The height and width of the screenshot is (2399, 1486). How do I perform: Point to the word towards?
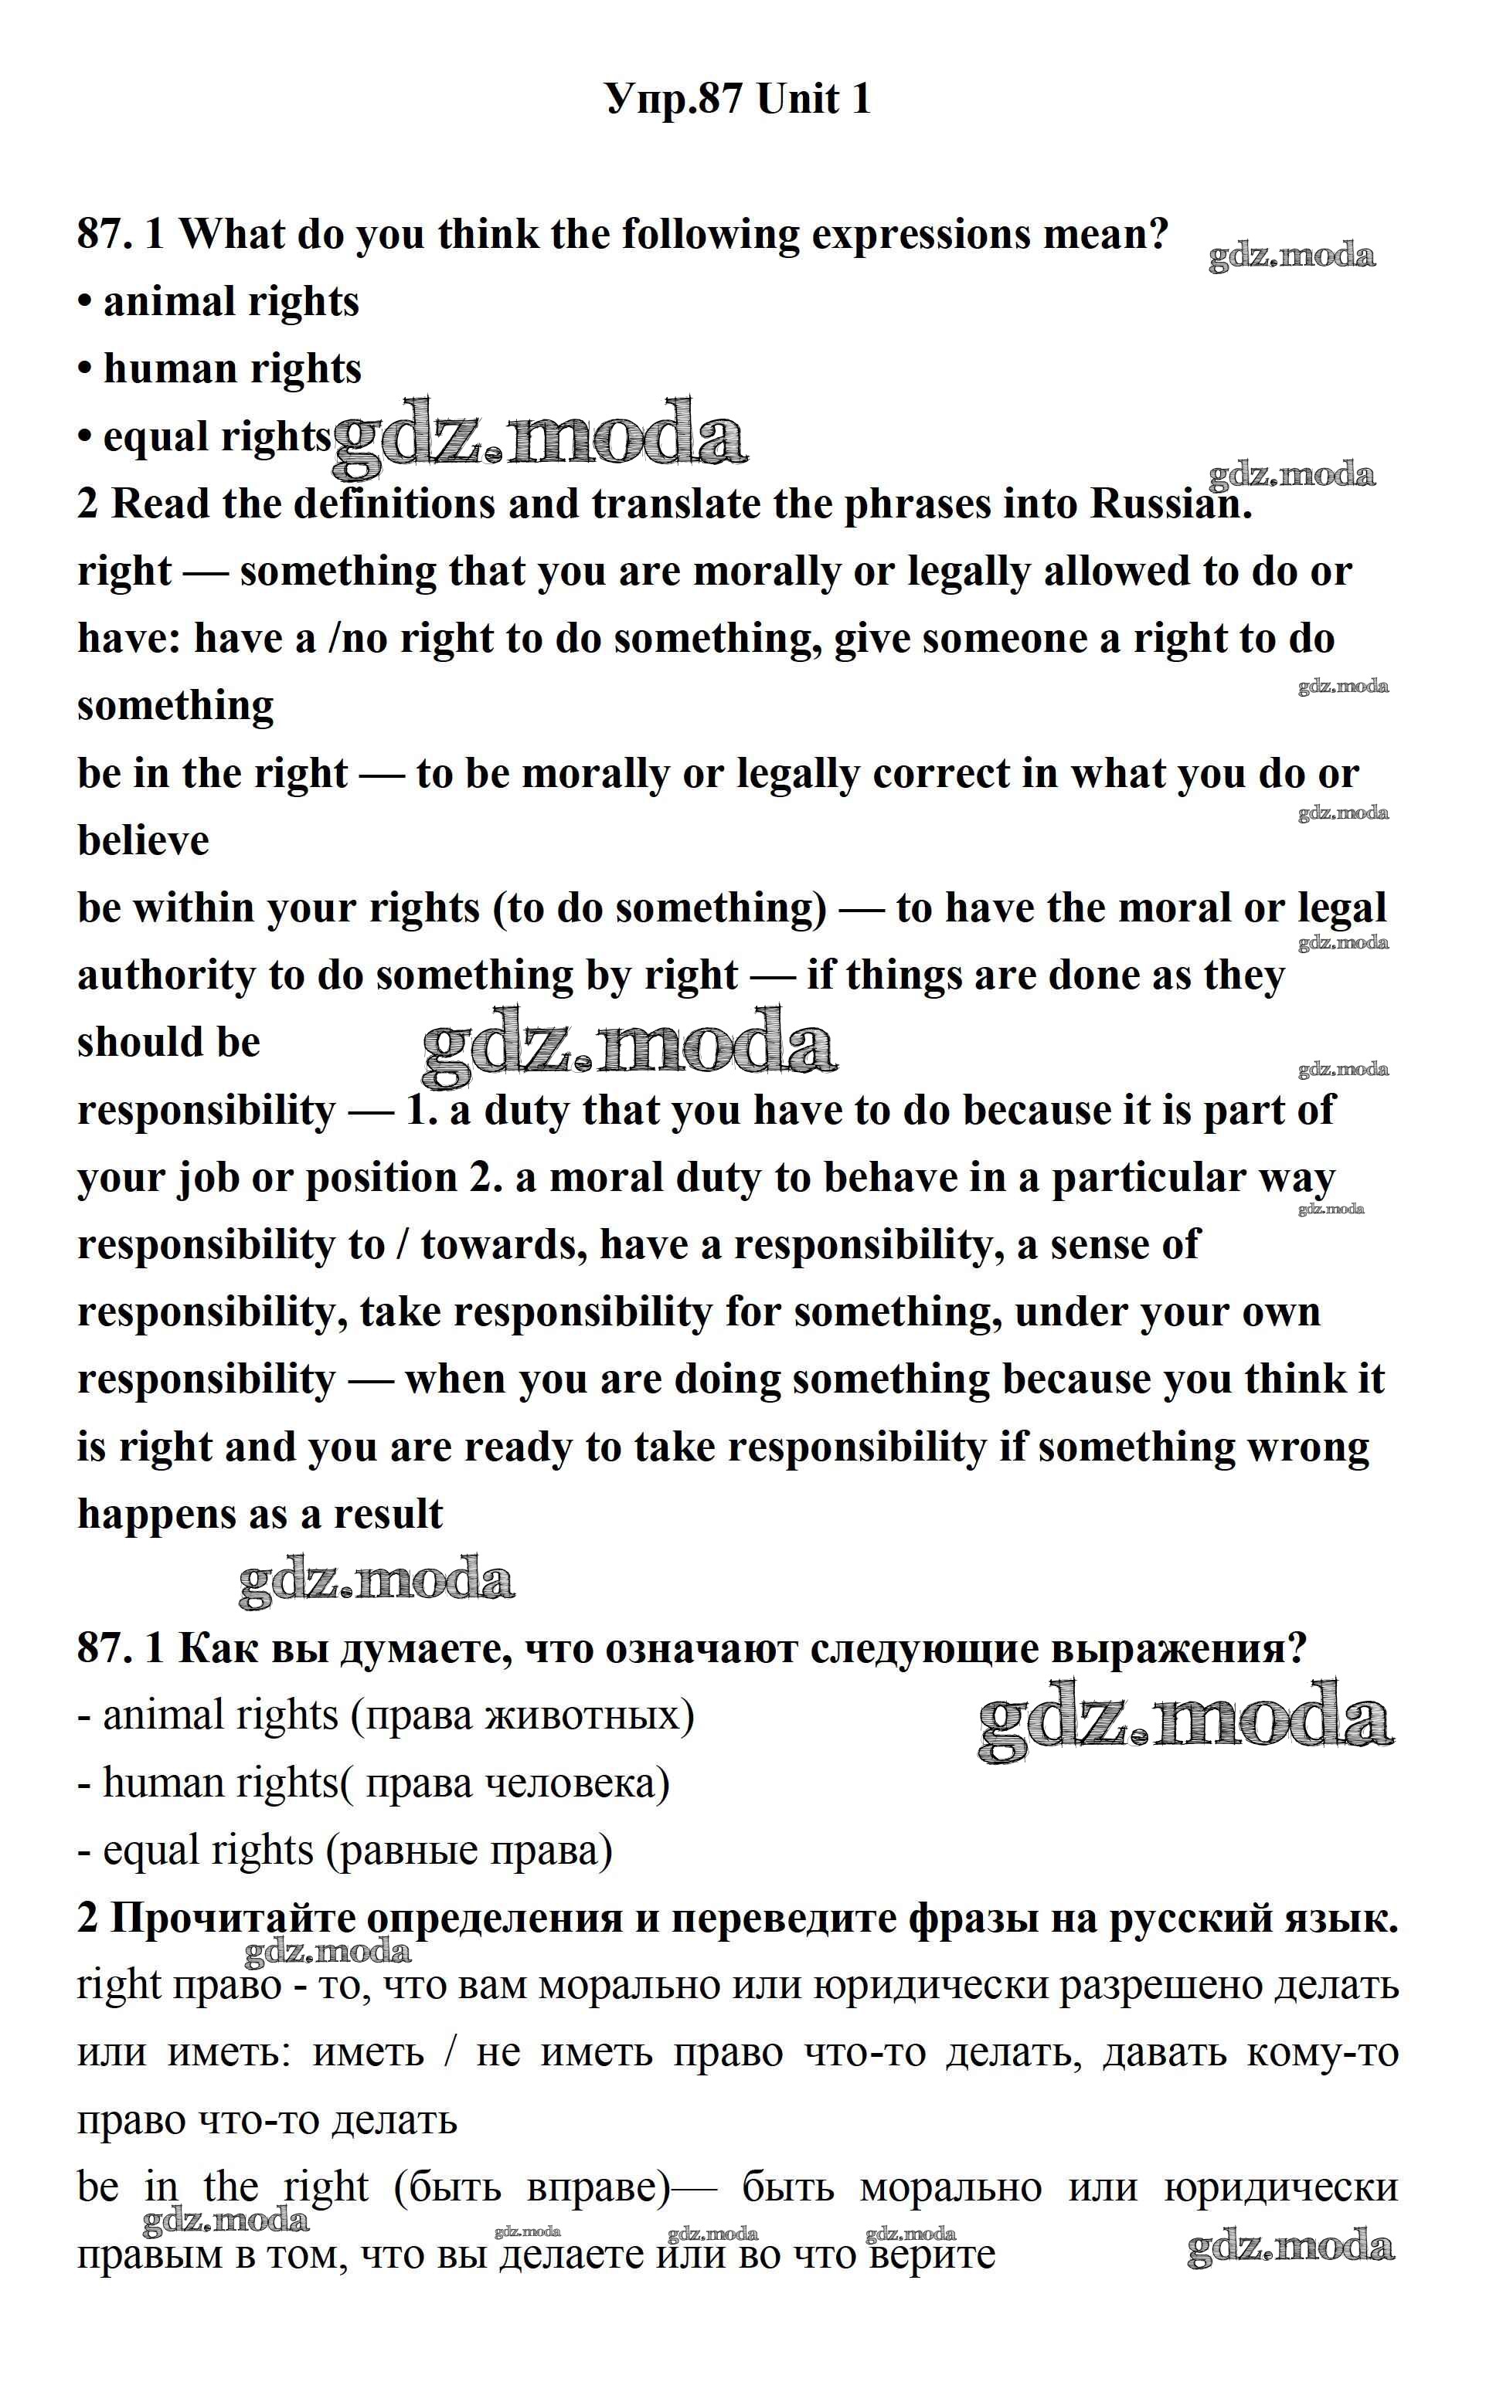click(500, 1246)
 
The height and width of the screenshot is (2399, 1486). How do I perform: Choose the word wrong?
click(1307, 1448)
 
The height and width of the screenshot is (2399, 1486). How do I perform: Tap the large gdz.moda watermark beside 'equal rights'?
click(539, 433)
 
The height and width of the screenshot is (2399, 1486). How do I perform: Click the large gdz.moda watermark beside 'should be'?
click(629, 1043)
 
